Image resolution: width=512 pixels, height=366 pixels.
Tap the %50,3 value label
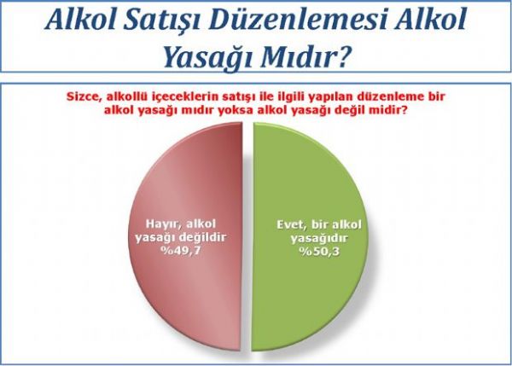(319, 253)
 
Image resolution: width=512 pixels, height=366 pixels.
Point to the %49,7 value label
(181, 251)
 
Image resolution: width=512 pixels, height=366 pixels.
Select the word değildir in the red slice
(203, 237)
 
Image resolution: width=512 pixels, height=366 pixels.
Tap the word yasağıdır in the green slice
(319, 239)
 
